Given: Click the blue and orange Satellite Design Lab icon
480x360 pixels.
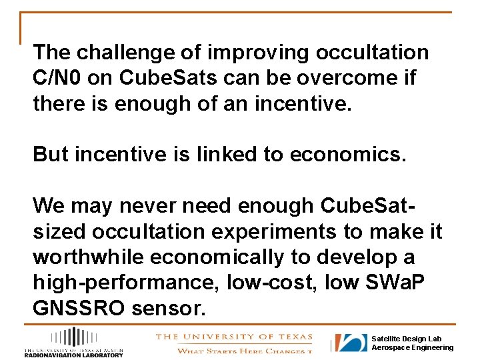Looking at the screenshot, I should pyautogui.click(x=351, y=343).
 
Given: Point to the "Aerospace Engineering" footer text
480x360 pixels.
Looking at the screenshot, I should pyautogui.click(x=412, y=348).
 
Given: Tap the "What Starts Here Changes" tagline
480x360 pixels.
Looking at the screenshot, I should pyautogui.click(x=243, y=351).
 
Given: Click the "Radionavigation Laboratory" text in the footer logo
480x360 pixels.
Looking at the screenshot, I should pyautogui.click(x=73, y=355).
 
